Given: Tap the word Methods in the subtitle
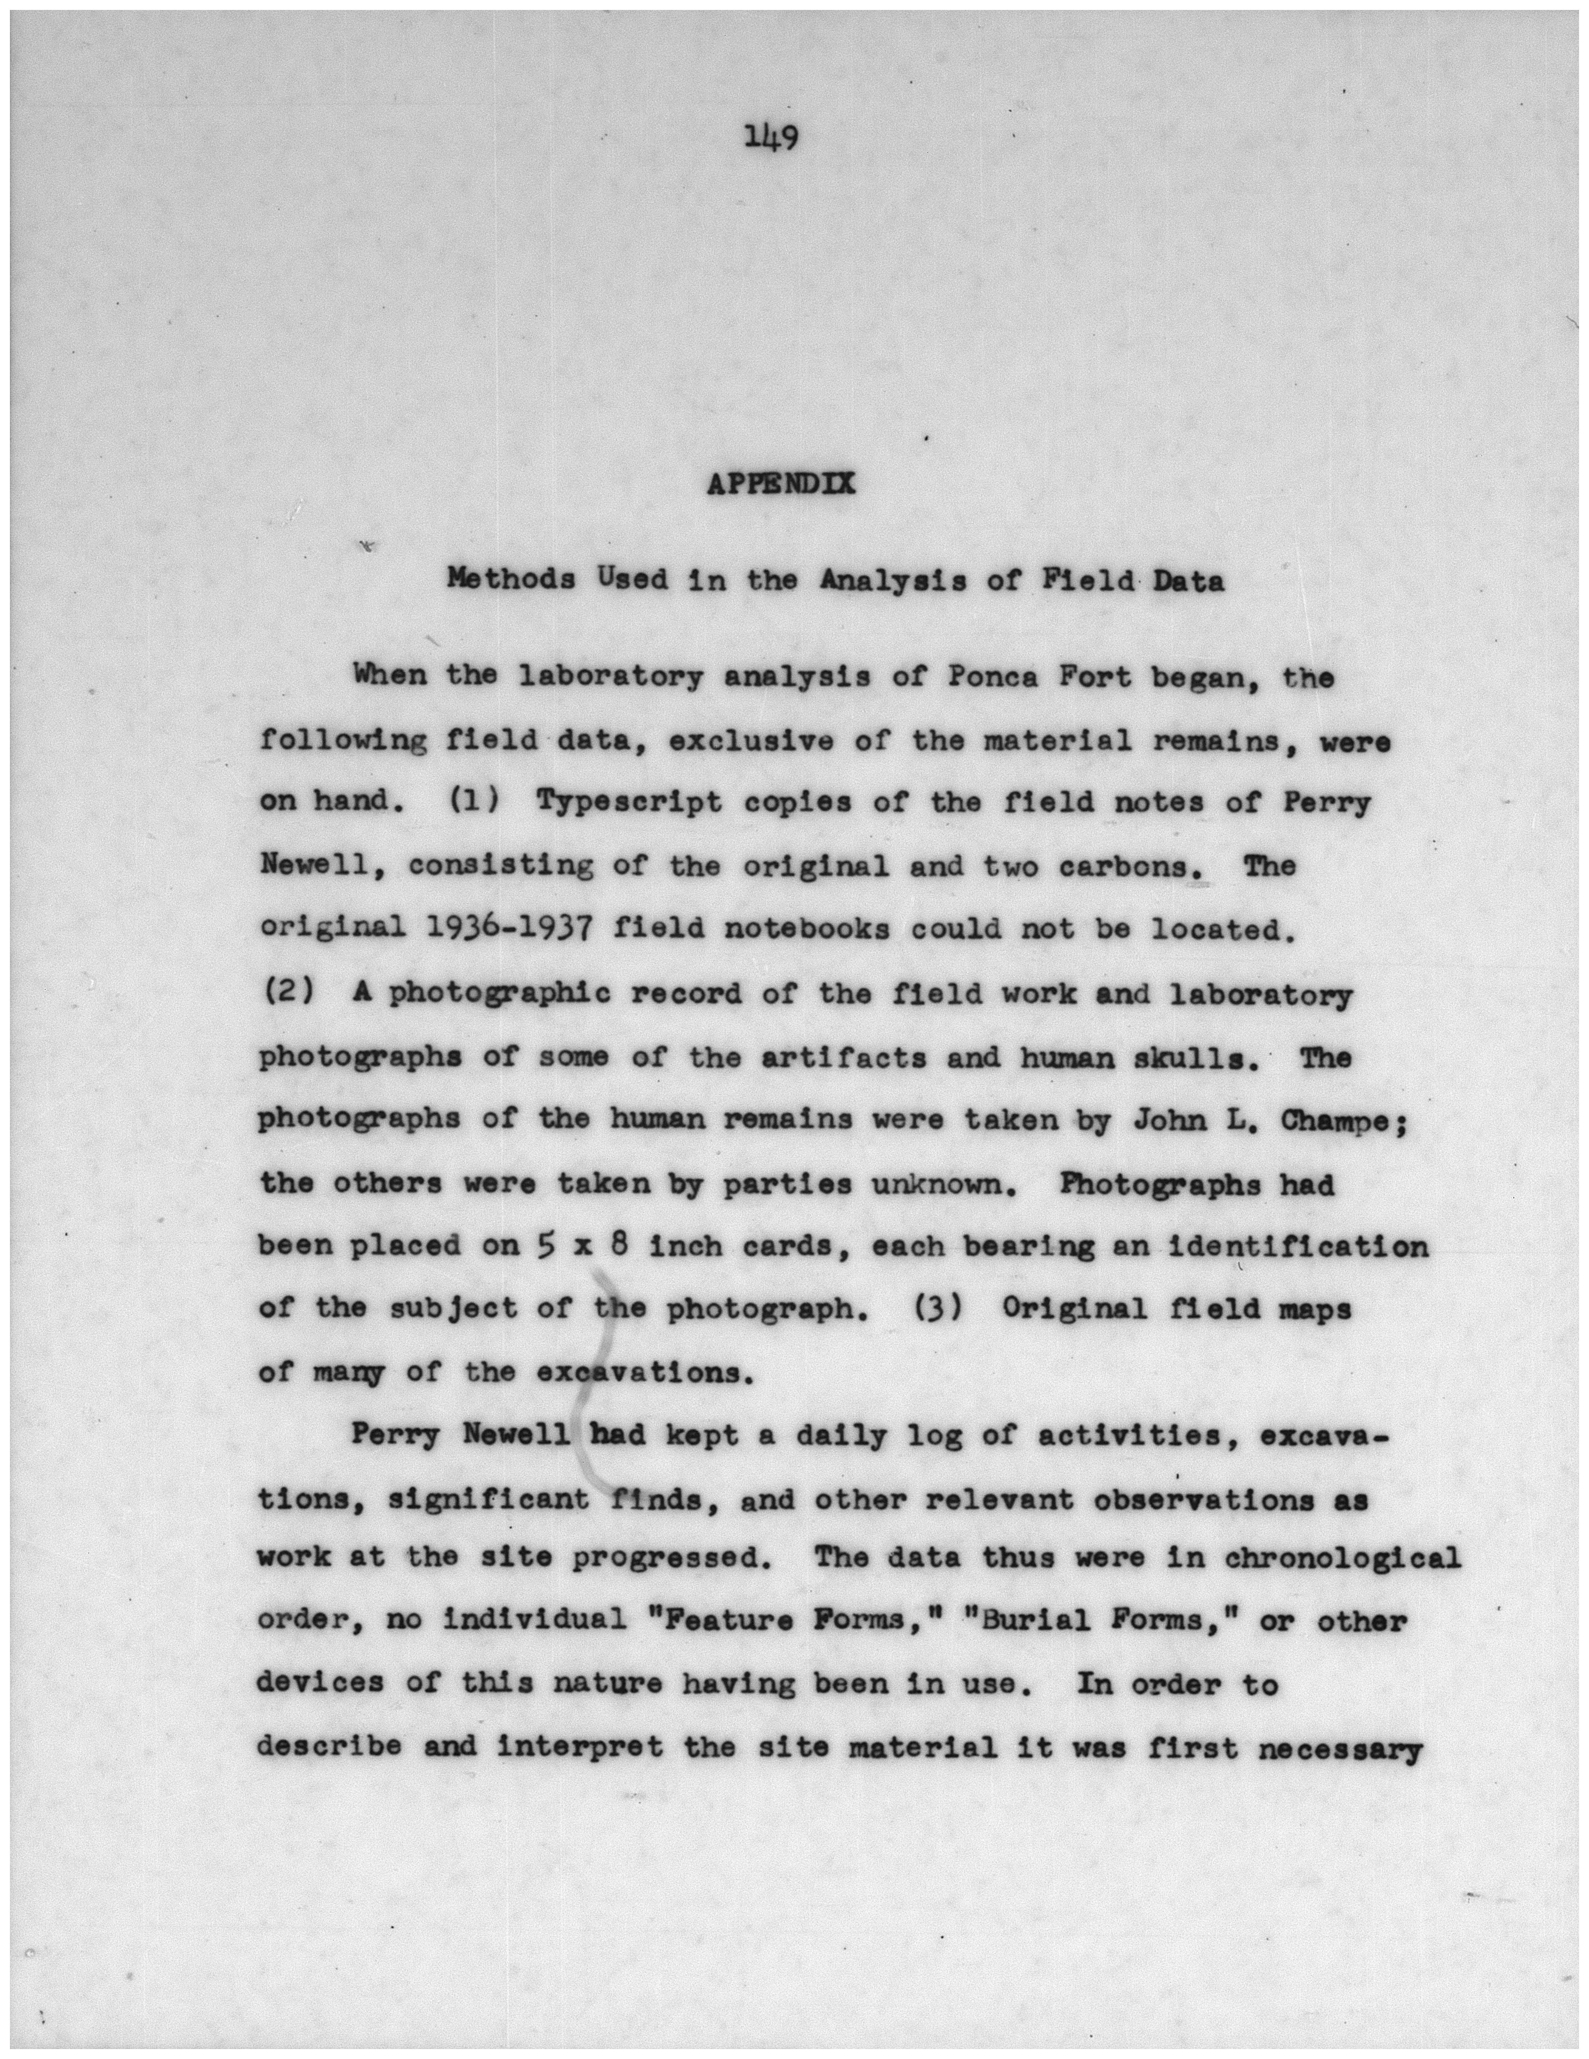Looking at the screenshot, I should [511, 580].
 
